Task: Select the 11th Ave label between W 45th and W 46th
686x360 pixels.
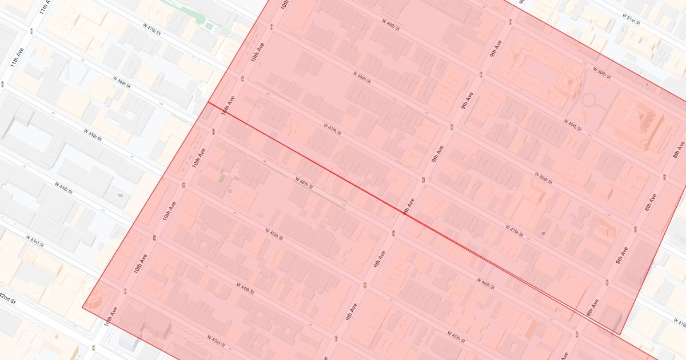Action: pos(18,57)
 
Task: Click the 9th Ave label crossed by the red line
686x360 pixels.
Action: pos(408,206)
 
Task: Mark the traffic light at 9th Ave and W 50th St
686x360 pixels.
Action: pos(510,22)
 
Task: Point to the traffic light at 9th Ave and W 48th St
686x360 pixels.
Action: pos(452,127)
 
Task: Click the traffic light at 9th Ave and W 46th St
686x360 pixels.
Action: pos(394,232)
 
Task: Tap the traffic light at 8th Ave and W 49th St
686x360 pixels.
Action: pos(664,177)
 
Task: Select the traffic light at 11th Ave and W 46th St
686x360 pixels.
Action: pos(2,84)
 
